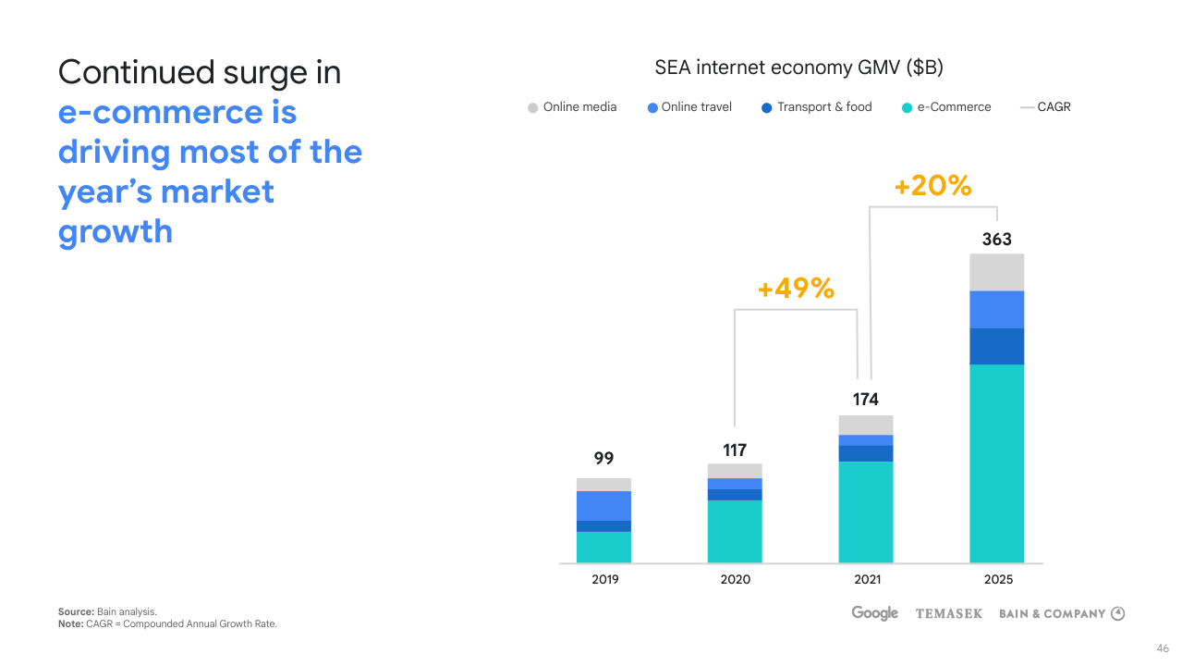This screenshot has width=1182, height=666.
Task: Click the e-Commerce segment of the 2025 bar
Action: pyautogui.click(x=996, y=462)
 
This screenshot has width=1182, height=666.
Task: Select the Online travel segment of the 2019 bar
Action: pyautogui.click(x=603, y=505)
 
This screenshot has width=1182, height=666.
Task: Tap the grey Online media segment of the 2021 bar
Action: pyautogui.click(x=866, y=425)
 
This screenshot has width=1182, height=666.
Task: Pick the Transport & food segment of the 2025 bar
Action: pyautogui.click(x=996, y=346)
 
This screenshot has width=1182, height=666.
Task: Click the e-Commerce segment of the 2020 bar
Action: pyautogui.click(x=735, y=531)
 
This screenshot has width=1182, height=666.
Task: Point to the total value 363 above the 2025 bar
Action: pyautogui.click(x=996, y=240)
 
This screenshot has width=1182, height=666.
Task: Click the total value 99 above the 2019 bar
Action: pyautogui.click(x=603, y=459)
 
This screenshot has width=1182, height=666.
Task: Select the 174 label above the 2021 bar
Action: pyautogui.click(x=866, y=400)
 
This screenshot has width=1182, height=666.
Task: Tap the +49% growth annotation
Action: pyautogui.click(x=796, y=289)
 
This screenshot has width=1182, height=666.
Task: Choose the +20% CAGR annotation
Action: pyautogui.click(x=932, y=186)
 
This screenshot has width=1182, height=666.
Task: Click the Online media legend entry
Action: pyautogui.click(x=572, y=107)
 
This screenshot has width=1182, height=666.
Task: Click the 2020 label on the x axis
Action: pyautogui.click(x=736, y=580)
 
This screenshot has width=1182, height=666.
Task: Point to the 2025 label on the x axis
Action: pyautogui.click(x=998, y=580)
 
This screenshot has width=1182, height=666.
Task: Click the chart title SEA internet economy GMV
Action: pyautogui.click(x=798, y=68)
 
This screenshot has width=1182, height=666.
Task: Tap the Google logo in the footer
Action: pyautogui.click(x=874, y=613)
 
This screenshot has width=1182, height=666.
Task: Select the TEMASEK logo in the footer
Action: pyautogui.click(x=948, y=613)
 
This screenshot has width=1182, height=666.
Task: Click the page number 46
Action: pyautogui.click(x=1163, y=648)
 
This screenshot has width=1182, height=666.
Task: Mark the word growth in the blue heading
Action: pyautogui.click(x=116, y=231)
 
